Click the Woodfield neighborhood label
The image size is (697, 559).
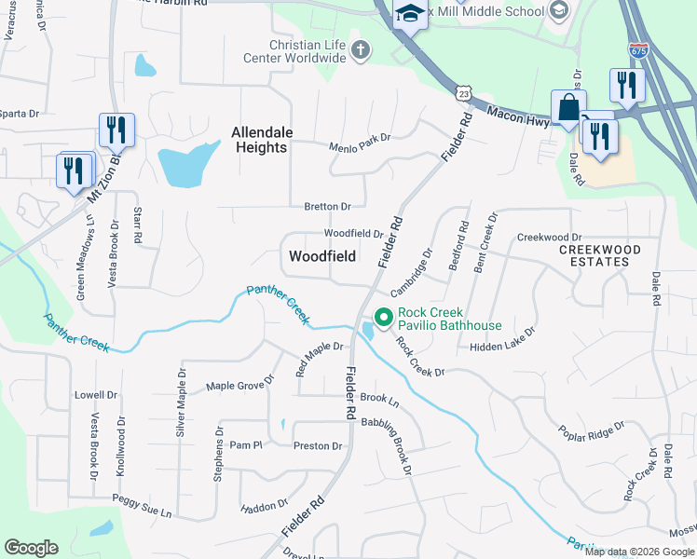[321, 255]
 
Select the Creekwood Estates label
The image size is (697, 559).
[600, 255]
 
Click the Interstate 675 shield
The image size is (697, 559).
[638, 48]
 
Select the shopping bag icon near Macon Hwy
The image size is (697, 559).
[568, 108]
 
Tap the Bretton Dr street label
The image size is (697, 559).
[327, 206]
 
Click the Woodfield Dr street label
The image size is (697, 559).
[353, 233]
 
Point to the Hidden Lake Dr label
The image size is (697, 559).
[503, 339]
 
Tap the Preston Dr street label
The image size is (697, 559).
[318, 445]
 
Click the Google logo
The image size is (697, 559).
[31, 548]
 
